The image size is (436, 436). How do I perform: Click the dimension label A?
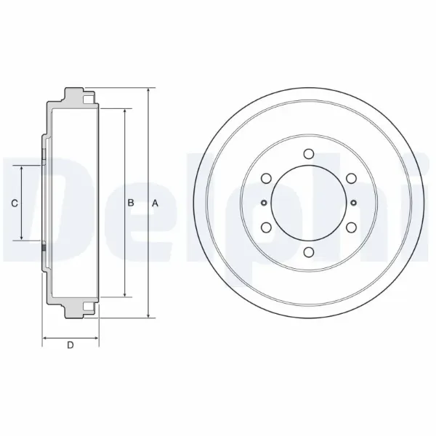[156, 203]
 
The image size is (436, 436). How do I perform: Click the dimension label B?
[131, 203]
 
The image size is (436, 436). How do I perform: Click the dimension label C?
[15, 203]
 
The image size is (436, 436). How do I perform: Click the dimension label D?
[70, 345]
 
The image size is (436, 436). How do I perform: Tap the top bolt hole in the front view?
[309, 153]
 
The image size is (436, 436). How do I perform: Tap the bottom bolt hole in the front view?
[309, 252]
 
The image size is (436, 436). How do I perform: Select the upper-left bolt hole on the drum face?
[266, 178]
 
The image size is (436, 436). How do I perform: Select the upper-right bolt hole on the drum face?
[351, 178]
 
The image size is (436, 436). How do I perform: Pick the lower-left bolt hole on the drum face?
[266, 227]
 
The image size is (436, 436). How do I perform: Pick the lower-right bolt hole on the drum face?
[351, 227]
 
